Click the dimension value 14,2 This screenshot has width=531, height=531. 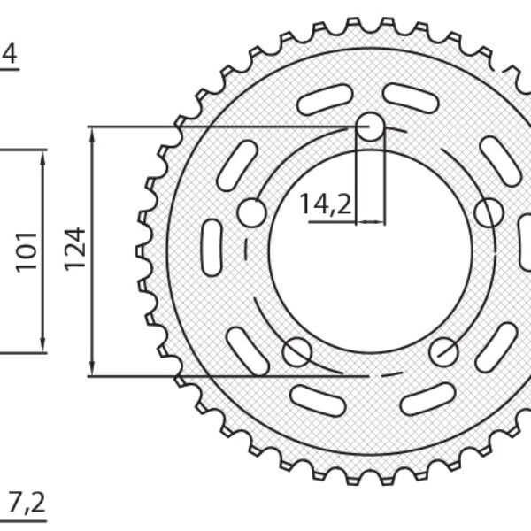coord(326,204)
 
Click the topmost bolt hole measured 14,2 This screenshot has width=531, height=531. coord(371,129)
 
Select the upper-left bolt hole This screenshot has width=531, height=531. coord(252,213)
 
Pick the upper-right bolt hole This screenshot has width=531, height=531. coord(489,213)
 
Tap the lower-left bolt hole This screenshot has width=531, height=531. coord(297,352)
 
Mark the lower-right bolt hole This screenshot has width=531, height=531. coord(444,352)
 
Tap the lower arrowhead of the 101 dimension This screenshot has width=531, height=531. coord(42,346)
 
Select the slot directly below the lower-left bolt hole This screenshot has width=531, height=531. coord(318,400)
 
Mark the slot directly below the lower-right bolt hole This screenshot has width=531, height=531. coord(427,399)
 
